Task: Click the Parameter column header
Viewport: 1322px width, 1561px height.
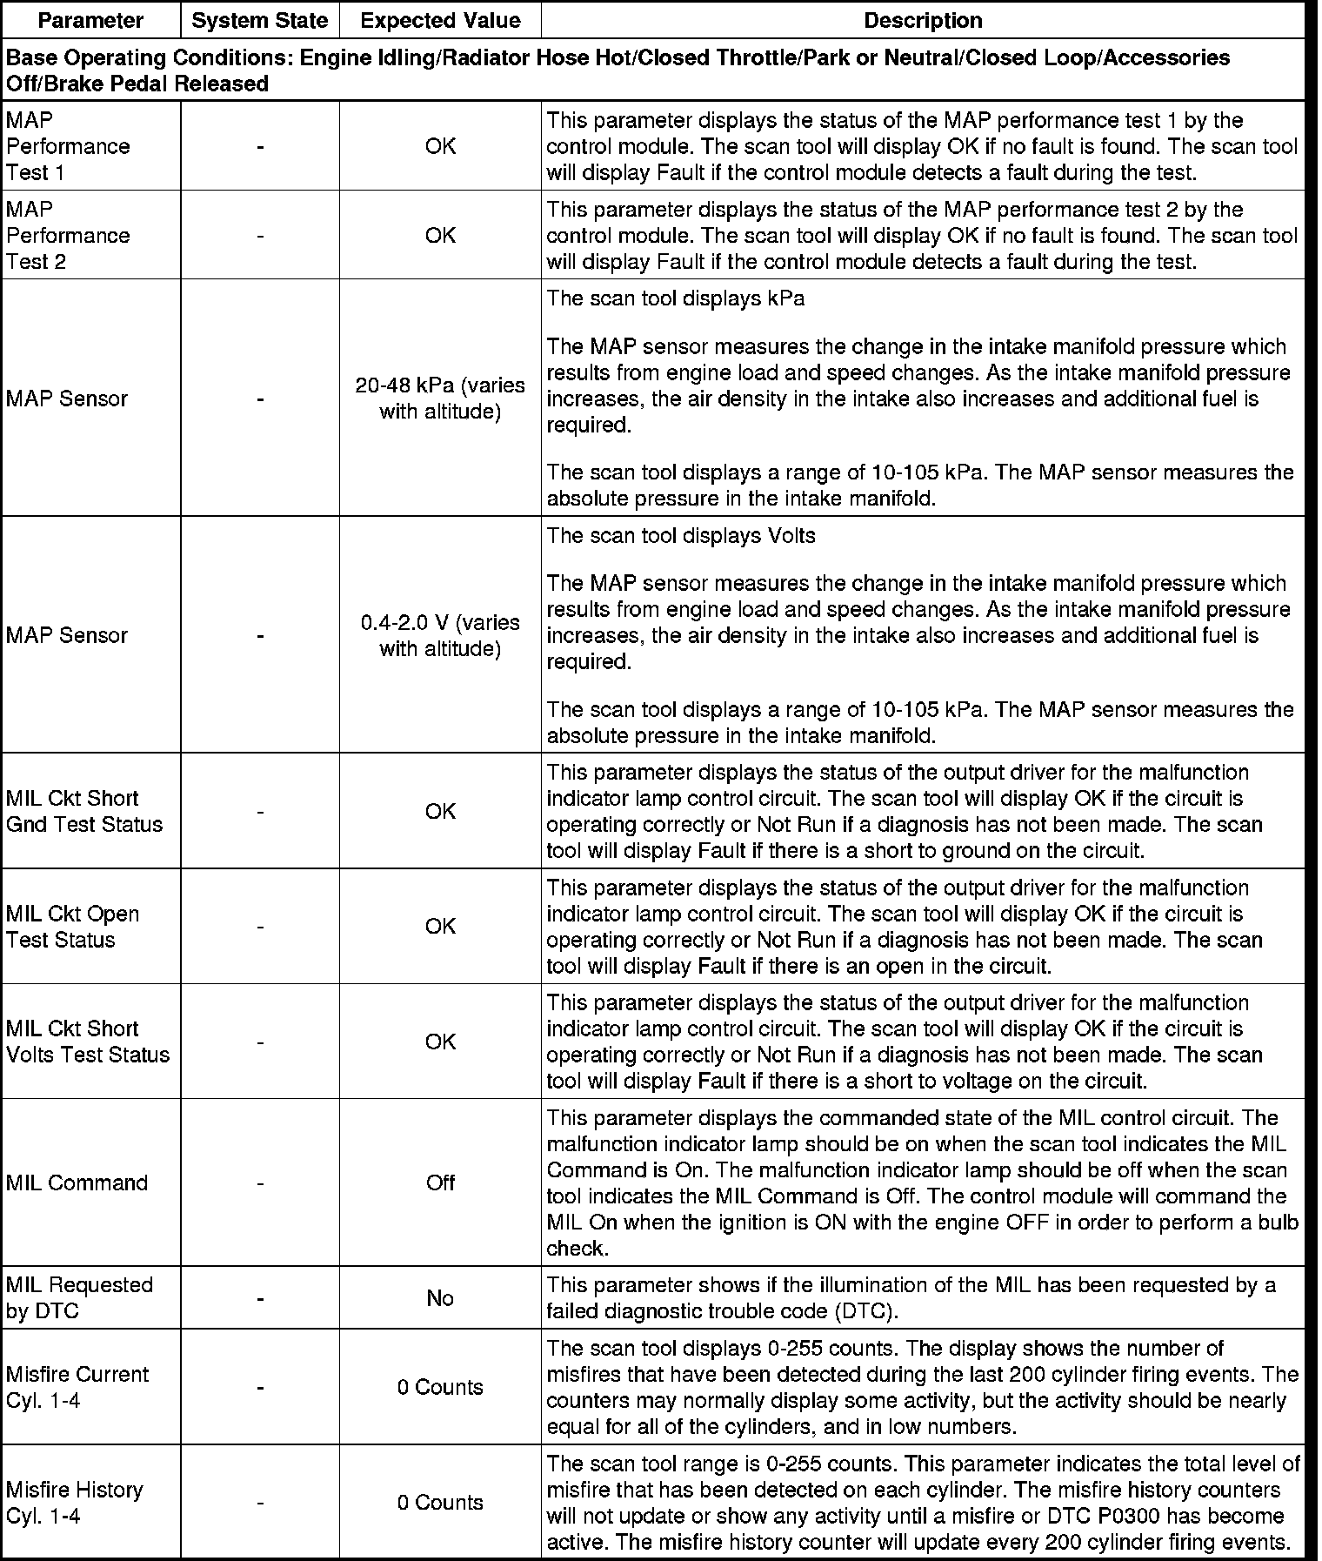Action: click(x=90, y=20)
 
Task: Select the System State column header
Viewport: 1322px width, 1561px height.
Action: click(x=259, y=20)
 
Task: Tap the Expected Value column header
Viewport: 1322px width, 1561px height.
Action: click(x=440, y=20)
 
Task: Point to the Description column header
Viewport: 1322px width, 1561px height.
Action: click(x=923, y=20)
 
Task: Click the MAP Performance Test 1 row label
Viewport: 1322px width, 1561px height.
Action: click(x=68, y=146)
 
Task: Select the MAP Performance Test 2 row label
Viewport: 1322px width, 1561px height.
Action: click(x=68, y=235)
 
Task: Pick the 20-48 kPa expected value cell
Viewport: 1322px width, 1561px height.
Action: click(x=440, y=399)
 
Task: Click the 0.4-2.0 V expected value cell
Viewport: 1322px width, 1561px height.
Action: click(x=440, y=635)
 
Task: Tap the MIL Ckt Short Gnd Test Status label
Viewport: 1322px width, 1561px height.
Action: click(x=84, y=811)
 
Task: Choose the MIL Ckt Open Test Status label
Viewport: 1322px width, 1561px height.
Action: click(x=72, y=927)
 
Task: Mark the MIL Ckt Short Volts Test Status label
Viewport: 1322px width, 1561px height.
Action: click(x=88, y=1042)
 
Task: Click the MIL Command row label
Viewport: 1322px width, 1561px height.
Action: click(x=77, y=1182)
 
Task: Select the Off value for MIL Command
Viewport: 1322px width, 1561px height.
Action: click(x=440, y=1182)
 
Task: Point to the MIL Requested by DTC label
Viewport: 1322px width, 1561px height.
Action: click(x=79, y=1297)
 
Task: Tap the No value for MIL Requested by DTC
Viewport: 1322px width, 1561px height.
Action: click(x=440, y=1298)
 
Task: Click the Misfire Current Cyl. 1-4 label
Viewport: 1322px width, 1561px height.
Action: click(x=77, y=1387)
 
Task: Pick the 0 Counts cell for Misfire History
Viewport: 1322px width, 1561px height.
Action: click(x=440, y=1503)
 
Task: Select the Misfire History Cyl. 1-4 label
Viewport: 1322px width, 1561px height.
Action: click(x=74, y=1503)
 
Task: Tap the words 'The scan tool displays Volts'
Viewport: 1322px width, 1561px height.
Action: click(x=681, y=535)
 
